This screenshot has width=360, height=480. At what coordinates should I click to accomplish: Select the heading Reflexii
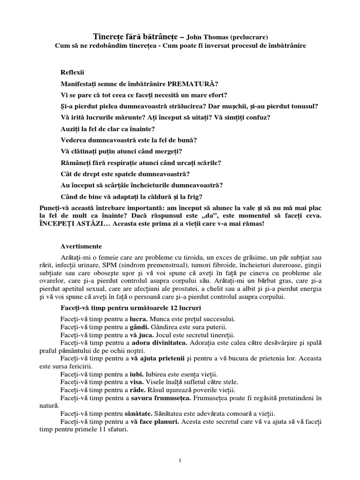[72, 74]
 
